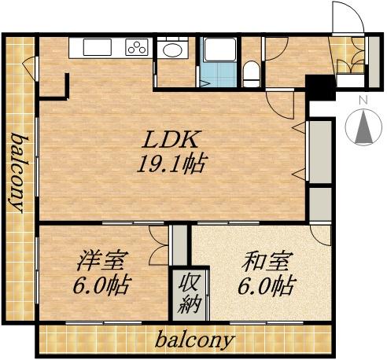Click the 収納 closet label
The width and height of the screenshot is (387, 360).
(189, 292)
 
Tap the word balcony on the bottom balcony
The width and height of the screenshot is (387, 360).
(194, 341)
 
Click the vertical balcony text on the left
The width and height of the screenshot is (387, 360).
(17, 172)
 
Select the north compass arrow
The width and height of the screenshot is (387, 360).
(363, 127)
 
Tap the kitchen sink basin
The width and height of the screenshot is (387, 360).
(96, 48)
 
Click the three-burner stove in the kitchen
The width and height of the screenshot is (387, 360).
(136, 48)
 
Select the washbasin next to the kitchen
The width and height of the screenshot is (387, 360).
(170, 50)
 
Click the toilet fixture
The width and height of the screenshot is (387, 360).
(250, 74)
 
